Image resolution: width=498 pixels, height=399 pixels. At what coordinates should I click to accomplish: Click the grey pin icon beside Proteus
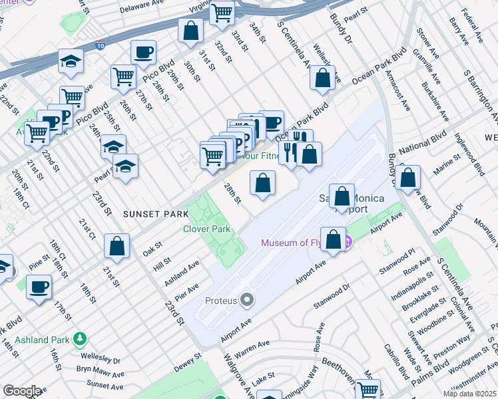[x=247, y=301]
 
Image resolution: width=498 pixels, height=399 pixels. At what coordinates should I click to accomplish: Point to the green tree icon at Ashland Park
[x=80, y=339]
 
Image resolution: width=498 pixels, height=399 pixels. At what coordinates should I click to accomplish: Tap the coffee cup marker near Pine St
[x=39, y=287]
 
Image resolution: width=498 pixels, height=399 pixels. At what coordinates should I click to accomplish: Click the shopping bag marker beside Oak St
[x=117, y=245]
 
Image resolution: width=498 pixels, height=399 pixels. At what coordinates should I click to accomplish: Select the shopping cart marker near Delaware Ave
[x=223, y=13]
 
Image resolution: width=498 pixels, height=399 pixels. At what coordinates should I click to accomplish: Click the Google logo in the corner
[x=22, y=391]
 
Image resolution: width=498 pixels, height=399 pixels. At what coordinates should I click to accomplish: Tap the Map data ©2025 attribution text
[x=469, y=394]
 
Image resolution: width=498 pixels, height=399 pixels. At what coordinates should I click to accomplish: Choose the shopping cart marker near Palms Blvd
[x=368, y=389]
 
